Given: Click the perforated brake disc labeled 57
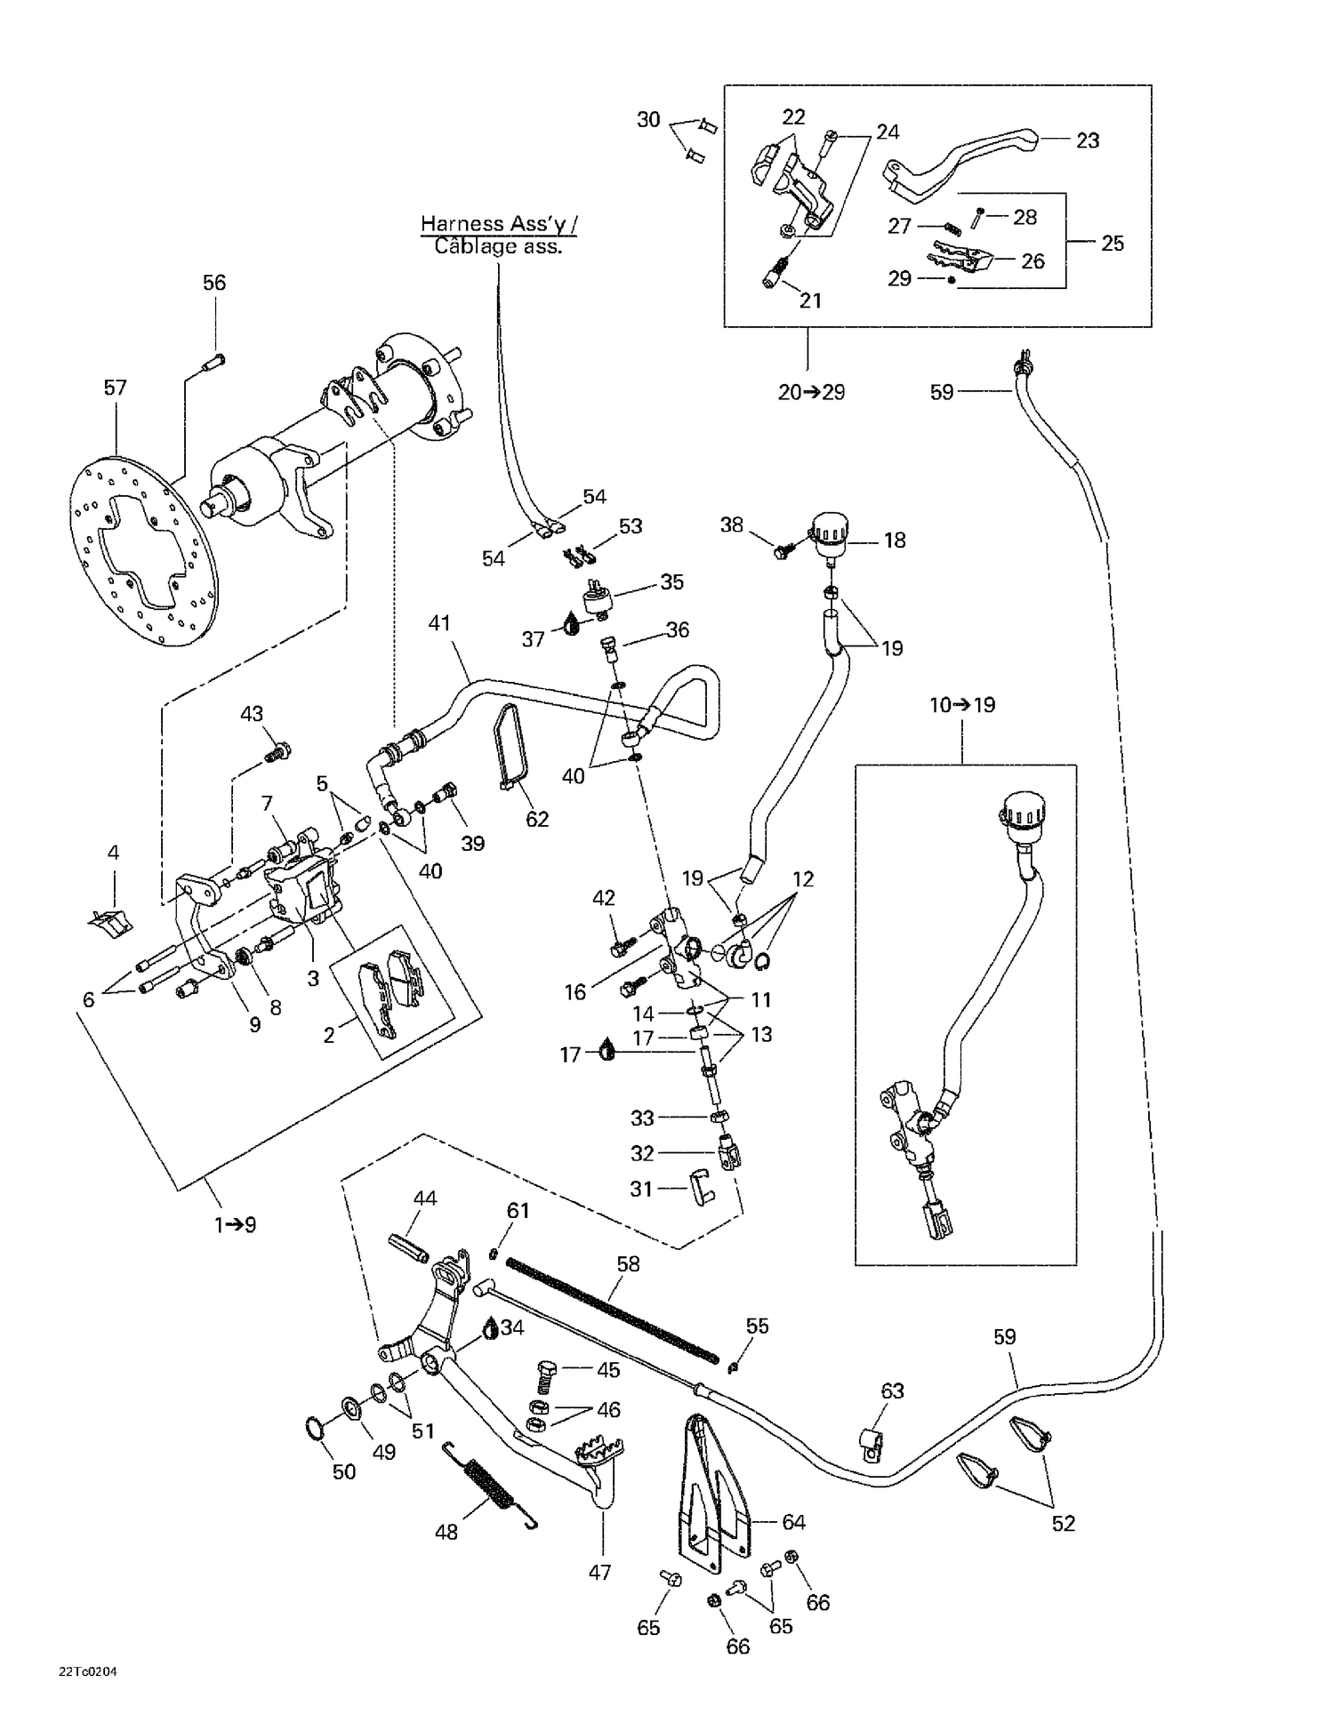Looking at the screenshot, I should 138,551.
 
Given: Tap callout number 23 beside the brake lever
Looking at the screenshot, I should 1087,140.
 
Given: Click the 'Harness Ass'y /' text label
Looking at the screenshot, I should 498,224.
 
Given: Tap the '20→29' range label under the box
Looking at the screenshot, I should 811,392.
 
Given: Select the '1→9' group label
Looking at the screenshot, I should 235,1225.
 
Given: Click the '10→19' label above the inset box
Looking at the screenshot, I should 962,705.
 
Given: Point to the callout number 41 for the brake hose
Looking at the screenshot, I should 439,623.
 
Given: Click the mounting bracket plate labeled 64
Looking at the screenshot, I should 711,1503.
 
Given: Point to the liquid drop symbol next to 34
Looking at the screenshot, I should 490,1329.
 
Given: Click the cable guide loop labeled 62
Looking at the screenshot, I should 513,747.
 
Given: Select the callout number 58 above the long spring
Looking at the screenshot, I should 628,1263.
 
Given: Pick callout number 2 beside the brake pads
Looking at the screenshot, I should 329,1035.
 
